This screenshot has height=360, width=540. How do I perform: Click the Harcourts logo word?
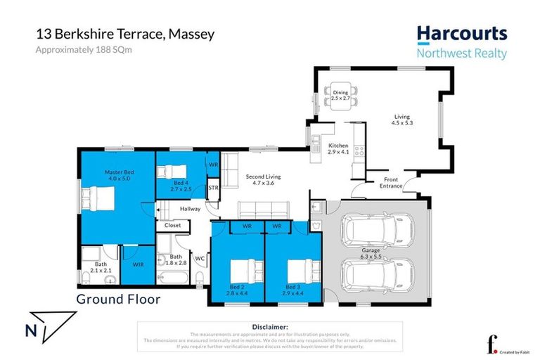tap(461, 33)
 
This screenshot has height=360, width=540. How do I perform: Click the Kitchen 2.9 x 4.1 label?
tap(339, 148)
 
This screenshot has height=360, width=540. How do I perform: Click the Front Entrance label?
tap(392, 183)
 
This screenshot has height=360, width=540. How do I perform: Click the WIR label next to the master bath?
tap(139, 265)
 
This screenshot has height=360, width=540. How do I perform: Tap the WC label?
tap(199, 258)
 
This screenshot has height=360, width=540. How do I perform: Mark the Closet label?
tap(172, 226)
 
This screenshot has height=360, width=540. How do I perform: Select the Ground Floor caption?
tap(118, 299)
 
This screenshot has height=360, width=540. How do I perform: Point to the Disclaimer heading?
tap(269, 327)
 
